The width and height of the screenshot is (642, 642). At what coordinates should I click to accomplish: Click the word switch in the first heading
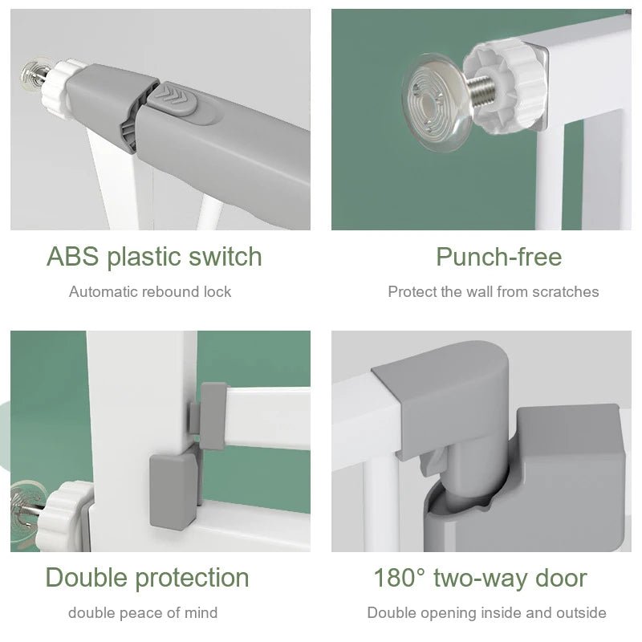[225, 257]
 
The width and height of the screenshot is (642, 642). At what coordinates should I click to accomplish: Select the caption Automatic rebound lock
[150, 291]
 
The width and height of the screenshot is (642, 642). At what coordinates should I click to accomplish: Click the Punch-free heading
[498, 257]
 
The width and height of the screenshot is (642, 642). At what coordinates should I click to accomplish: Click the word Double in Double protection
[85, 577]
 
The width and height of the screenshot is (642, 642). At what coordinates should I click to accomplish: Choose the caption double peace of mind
[143, 613]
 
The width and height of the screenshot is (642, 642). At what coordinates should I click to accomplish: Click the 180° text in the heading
[397, 577]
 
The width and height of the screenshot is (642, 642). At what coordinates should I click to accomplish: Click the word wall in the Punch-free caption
[479, 291]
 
